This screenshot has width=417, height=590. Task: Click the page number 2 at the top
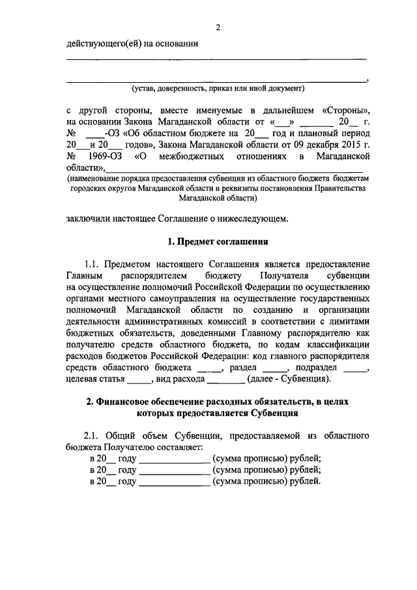219,27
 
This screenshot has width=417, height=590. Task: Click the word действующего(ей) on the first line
101,44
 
